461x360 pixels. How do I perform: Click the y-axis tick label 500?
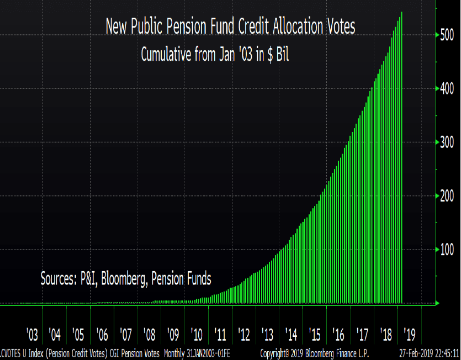(x=447, y=35)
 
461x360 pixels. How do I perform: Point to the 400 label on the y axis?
(x=447, y=89)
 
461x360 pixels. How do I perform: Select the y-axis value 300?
(x=447, y=142)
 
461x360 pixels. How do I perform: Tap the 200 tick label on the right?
(x=447, y=196)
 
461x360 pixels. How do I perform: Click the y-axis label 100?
(x=447, y=250)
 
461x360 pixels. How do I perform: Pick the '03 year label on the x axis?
(x=31, y=335)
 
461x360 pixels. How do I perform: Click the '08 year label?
(x=149, y=335)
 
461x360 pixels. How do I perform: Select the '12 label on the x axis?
(x=244, y=335)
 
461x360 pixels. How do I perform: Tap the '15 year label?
(x=315, y=335)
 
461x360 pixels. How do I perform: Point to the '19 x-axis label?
(x=409, y=335)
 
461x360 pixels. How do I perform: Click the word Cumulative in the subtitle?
(x=166, y=54)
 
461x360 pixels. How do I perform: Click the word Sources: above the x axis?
(x=57, y=279)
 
